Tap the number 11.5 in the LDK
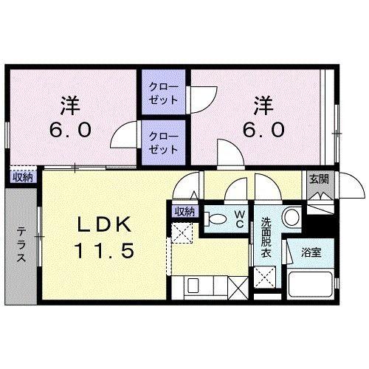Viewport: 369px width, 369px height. pos(103,252)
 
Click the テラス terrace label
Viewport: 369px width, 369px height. pos(20,245)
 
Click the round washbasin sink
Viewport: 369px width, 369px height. pos(290,218)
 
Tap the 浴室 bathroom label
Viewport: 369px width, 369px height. pos(309,253)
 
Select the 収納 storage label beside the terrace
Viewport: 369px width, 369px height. pos(23,176)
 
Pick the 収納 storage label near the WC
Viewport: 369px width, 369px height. pos(184,211)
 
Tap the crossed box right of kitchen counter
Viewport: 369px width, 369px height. pos(238,285)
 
